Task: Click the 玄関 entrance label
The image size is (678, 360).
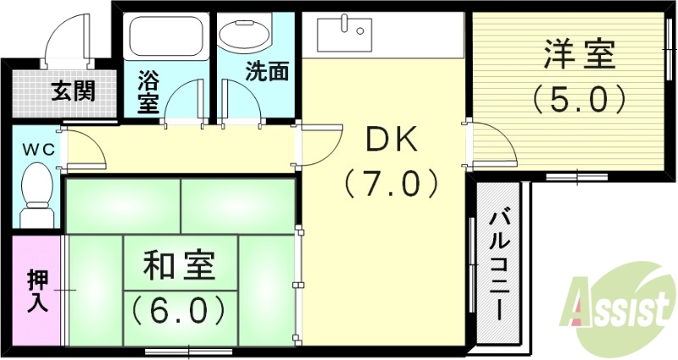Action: (71, 90)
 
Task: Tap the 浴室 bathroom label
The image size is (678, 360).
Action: (148, 92)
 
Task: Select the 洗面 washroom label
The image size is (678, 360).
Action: (266, 72)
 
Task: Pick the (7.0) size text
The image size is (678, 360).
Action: (391, 182)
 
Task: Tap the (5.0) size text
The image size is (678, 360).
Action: (579, 100)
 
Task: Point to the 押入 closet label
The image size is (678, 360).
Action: (37, 291)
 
